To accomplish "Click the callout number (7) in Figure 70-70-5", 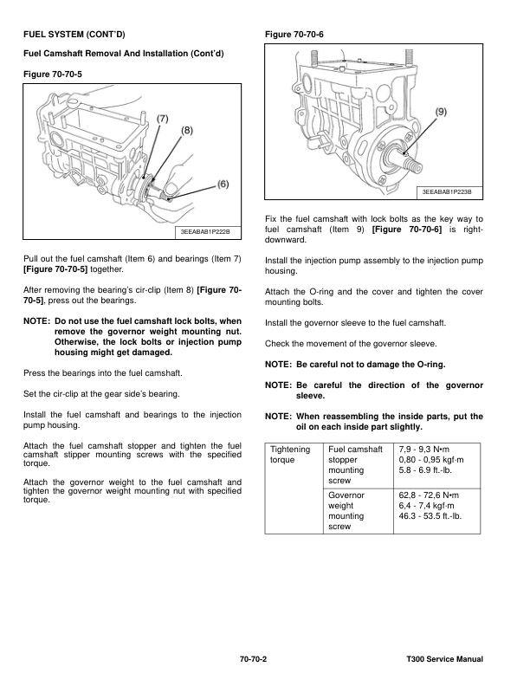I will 163,118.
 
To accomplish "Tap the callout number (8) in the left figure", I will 186,131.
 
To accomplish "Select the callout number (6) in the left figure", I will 223,184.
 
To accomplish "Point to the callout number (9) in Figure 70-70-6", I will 442,112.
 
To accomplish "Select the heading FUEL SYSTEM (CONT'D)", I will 74,36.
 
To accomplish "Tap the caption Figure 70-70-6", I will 297,35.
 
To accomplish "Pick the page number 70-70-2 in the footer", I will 253,661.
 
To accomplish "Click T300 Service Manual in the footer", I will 444,661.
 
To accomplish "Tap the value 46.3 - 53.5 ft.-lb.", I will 430,515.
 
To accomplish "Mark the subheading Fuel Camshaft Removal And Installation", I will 122,54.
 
